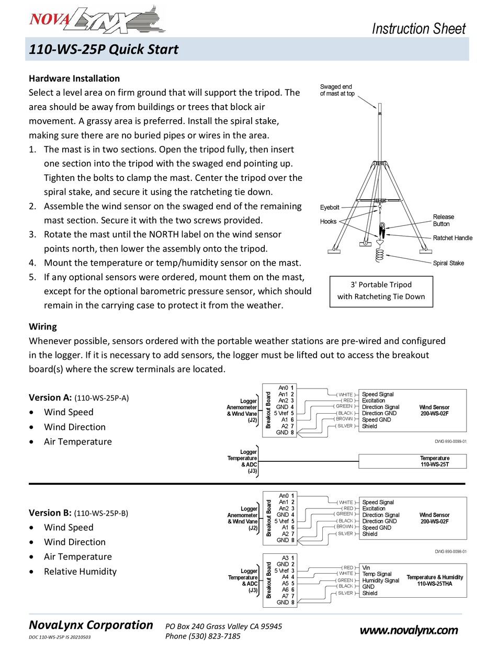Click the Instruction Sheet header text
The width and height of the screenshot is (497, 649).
(418, 28)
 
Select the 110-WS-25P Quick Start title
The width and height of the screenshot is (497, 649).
(104, 50)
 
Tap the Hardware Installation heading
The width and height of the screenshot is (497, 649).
(74, 78)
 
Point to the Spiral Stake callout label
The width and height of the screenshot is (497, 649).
(448, 263)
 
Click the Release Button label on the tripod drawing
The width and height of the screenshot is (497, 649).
(444, 220)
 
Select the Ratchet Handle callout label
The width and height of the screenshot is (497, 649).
(453, 238)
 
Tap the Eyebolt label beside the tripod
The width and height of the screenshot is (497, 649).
(330, 208)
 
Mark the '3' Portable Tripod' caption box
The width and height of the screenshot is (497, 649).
(381, 291)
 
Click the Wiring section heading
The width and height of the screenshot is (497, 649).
(43, 326)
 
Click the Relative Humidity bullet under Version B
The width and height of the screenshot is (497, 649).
(80, 572)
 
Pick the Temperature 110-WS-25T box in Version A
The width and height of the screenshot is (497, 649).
(412, 461)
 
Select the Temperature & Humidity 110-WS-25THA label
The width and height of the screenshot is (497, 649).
(435, 580)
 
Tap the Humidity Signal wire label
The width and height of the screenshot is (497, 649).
(380, 580)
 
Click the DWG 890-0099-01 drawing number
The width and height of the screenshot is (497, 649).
(450, 441)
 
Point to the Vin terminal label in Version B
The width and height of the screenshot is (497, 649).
(366, 567)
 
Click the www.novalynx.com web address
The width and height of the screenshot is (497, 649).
(409, 631)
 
